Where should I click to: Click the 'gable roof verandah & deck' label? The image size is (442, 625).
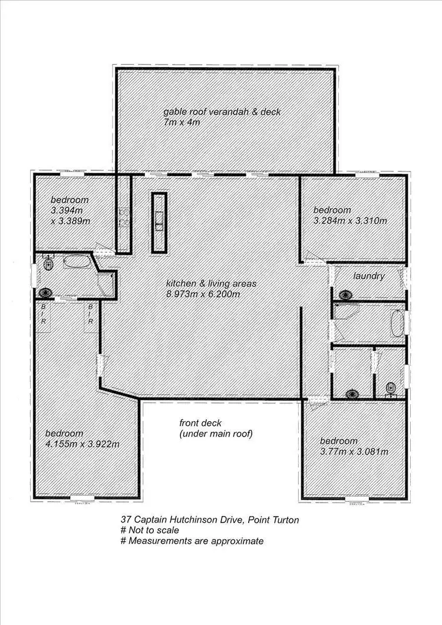click(x=222, y=112)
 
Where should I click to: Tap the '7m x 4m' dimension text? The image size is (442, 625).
click(x=183, y=123)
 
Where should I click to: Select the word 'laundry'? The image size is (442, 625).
click(x=369, y=276)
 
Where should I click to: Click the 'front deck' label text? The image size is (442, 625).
click(x=199, y=423)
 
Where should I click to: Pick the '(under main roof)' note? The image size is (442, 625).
click(x=216, y=434)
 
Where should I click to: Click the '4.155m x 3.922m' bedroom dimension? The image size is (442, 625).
click(x=82, y=444)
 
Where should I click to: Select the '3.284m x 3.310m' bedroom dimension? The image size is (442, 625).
click(x=350, y=221)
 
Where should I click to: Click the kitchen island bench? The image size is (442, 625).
click(x=159, y=221)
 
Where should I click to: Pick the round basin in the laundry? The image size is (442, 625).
click(x=345, y=294)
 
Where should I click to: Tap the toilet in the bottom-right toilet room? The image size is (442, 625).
click(x=390, y=388)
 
